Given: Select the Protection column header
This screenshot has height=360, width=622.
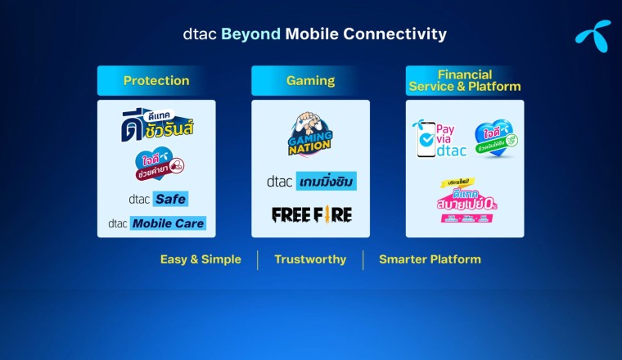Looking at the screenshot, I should [x=156, y=80].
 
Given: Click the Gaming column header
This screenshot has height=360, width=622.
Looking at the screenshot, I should [x=310, y=80].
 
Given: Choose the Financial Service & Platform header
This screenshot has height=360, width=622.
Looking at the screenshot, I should [x=465, y=80].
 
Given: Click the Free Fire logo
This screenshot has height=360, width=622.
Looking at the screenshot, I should [x=311, y=214].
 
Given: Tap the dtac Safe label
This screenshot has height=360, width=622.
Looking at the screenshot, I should [x=157, y=198].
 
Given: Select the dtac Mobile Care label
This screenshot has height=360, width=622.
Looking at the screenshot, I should [x=156, y=223].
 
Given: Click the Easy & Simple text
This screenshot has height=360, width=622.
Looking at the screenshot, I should [x=201, y=259].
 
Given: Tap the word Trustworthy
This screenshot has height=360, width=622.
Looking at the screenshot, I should [x=310, y=259].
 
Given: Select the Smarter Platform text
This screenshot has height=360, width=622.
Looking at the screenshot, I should [x=430, y=259].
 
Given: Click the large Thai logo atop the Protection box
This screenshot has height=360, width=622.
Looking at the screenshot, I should [x=157, y=124].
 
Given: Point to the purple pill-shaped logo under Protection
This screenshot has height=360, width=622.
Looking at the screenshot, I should [x=159, y=164].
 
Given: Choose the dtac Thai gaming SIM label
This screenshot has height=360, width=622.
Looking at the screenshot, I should [x=311, y=181].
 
